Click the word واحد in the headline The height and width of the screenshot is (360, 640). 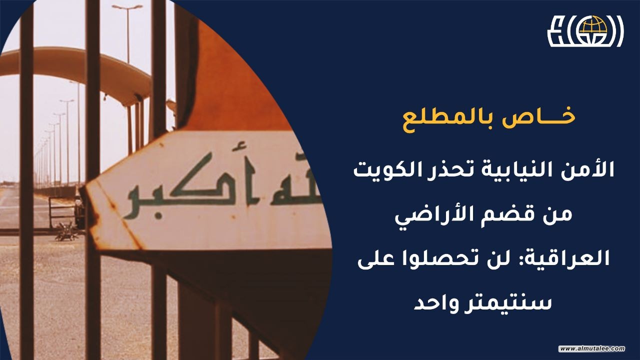point(435,304)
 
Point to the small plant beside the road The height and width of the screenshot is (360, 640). point(67,231)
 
